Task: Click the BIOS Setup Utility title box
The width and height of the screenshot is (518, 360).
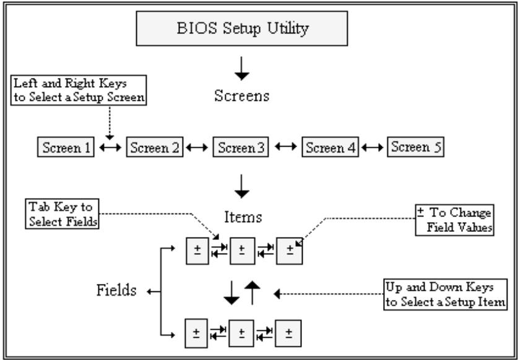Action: click(242, 28)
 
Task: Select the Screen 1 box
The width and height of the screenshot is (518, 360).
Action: click(66, 147)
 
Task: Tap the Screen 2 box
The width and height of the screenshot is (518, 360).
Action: click(155, 147)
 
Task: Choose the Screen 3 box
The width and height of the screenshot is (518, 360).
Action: click(241, 147)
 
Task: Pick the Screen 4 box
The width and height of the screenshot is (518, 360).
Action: click(330, 147)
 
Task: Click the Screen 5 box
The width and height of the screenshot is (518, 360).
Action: click(416, 147)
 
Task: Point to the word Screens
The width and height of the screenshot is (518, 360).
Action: click(242, 96)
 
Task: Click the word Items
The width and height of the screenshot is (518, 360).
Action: click(243, 217)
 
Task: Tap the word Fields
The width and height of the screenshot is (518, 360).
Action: click(116, 290)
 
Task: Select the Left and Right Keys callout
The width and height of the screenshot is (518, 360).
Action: click(79, 90)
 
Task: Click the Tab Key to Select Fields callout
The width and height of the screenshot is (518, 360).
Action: click(62, 213)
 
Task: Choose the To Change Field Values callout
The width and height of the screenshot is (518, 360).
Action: click(455, 220)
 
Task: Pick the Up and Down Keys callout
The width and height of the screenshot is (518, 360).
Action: click(446, 294)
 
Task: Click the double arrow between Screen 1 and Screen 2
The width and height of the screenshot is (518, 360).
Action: click(110, 148)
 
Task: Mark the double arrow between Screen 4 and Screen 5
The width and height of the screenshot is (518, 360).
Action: click(373, 148)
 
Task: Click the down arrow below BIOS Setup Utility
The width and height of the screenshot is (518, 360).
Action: click(242, 69)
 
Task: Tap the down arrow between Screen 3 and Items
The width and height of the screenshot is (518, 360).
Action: click(242, 186)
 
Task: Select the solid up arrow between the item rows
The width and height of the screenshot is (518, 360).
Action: click(253, 293)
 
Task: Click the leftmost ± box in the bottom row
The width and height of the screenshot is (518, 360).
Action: click(196, 333)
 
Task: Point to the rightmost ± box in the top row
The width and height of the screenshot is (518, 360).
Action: click(290, 251)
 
